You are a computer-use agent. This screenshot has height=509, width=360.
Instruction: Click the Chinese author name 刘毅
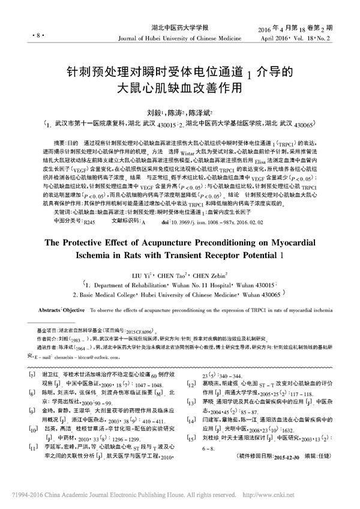pyautogui.click(x=155, y=112)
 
